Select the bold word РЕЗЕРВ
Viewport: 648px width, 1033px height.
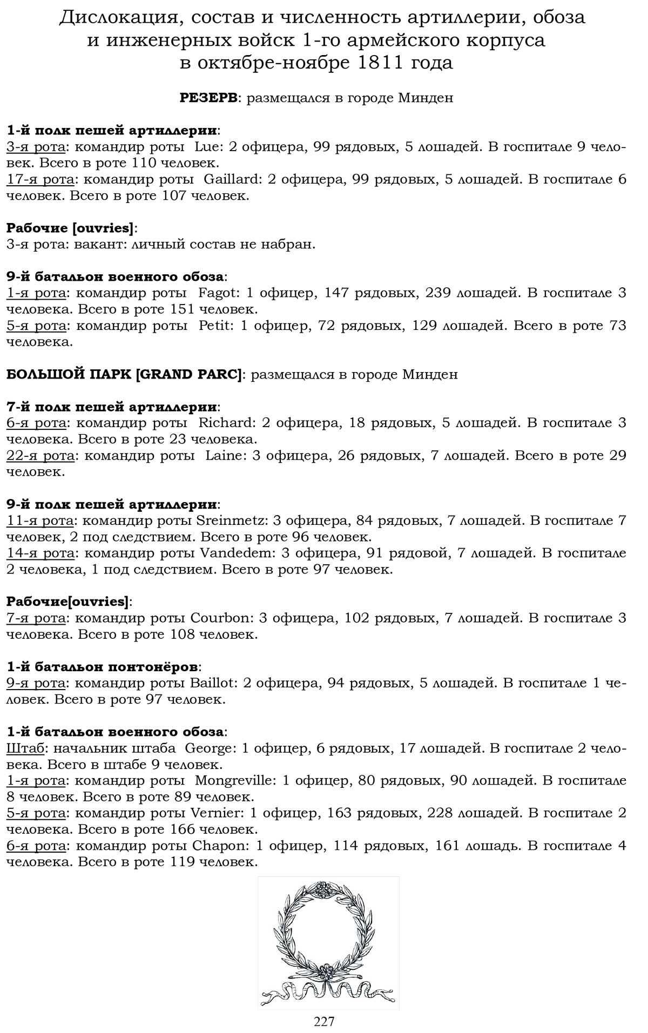click(x=208, y=98)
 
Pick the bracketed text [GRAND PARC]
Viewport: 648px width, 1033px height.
click(x=188, y=374)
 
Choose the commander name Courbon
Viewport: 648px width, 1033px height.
click(x=220, y=618)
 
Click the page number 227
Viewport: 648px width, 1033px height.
click(x=324, y=1021)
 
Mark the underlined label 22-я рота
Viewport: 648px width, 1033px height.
click(x=40, y=455)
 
